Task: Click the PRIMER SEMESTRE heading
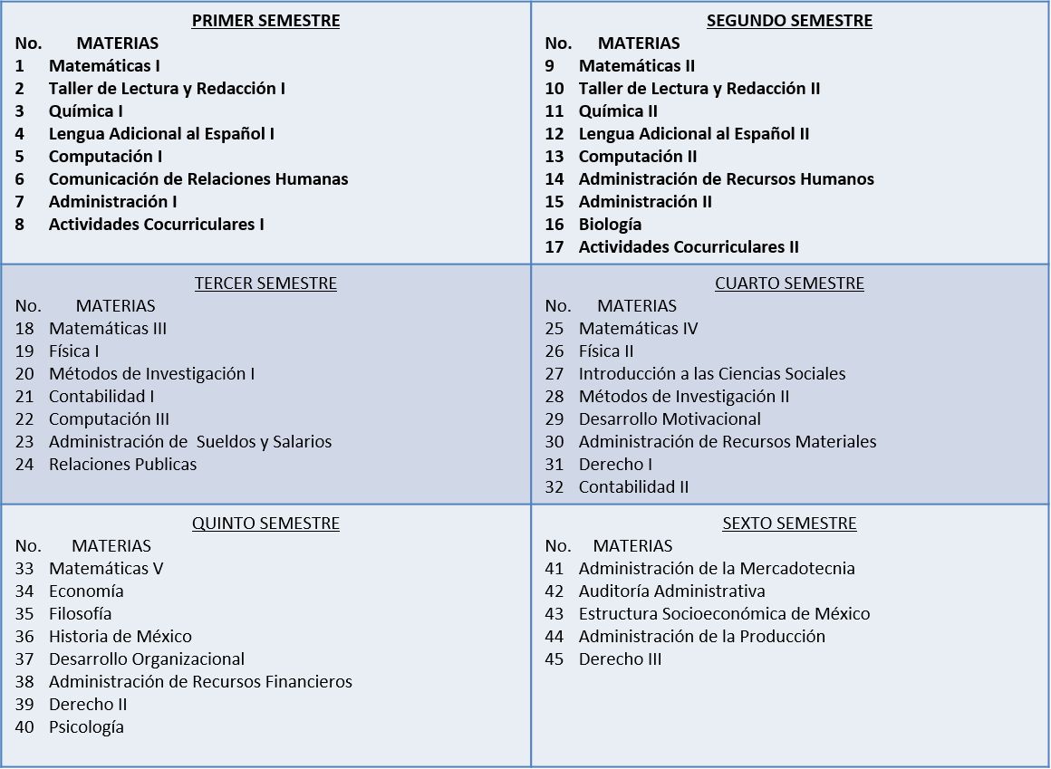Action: click(x=265, y=21)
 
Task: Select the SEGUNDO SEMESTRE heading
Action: click(x=789, y=21)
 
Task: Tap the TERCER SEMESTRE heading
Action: click(x=265, y=284)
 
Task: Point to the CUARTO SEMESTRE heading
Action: click(x=789, y=284)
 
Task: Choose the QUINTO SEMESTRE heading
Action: click(x=265, y=524)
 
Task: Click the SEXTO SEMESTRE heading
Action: click(x=789, y=524)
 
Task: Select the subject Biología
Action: click(x=610, y=225)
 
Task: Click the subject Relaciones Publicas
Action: click(x=122, y=465)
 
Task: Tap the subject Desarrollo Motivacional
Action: click(x=670, y=419)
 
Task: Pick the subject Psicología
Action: click(x=86, y=727)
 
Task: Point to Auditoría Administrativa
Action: click(x=671, y=591)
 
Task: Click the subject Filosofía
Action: click(x=81, y=614)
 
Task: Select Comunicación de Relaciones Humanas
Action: click(x=198, y=179)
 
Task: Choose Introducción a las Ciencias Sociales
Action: click(x=712, y=374)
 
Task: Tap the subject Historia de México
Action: click(x=121, y=637)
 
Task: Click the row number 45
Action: click(x=554, y=659)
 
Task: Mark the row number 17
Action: click(x=554, y=247)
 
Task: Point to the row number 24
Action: click(x=24, y=465)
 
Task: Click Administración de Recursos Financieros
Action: click(x=200, y=682)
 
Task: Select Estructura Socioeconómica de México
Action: click(x=724, y=614)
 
